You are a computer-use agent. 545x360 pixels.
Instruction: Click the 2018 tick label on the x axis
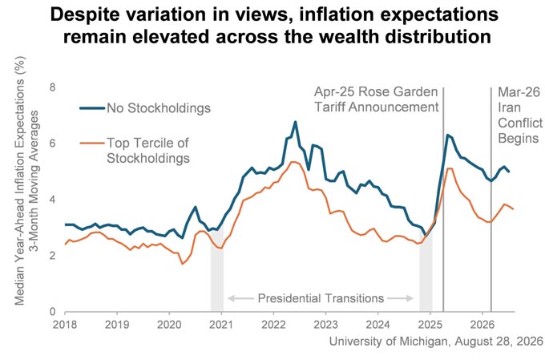(65, 325)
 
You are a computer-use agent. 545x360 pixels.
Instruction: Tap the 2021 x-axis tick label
(221, 325)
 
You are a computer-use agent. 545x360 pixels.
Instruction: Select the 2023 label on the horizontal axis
(325, 325)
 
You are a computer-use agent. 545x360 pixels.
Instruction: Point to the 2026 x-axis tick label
(482, 325)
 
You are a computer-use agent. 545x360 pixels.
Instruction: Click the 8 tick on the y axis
(52, 87)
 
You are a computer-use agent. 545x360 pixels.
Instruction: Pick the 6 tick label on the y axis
(52, 144)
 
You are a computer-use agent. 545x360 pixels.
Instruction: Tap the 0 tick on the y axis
(52, 312)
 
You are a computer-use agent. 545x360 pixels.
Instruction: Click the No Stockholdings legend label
(159, 108)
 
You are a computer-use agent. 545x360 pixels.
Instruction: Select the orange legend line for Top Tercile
(92, 143)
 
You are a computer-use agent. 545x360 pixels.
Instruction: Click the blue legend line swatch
(92, 108)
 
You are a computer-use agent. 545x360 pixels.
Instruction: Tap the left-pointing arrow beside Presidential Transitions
(240, 298)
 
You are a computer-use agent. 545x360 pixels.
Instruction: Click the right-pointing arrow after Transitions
(401, 298)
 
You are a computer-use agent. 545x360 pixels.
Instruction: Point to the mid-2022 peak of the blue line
(295, 122)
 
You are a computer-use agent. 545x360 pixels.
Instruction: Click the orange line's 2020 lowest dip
(182, 264)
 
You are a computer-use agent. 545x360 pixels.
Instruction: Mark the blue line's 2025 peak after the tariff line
(448, 135)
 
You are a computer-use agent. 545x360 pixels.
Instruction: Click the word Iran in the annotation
(509, 107)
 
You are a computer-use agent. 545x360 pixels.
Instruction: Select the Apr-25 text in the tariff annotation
(334, 92)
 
